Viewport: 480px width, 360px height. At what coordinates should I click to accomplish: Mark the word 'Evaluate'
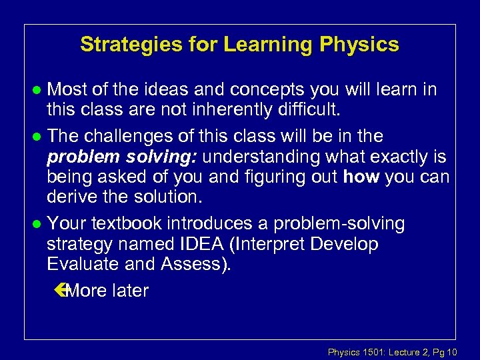point(83,264)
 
